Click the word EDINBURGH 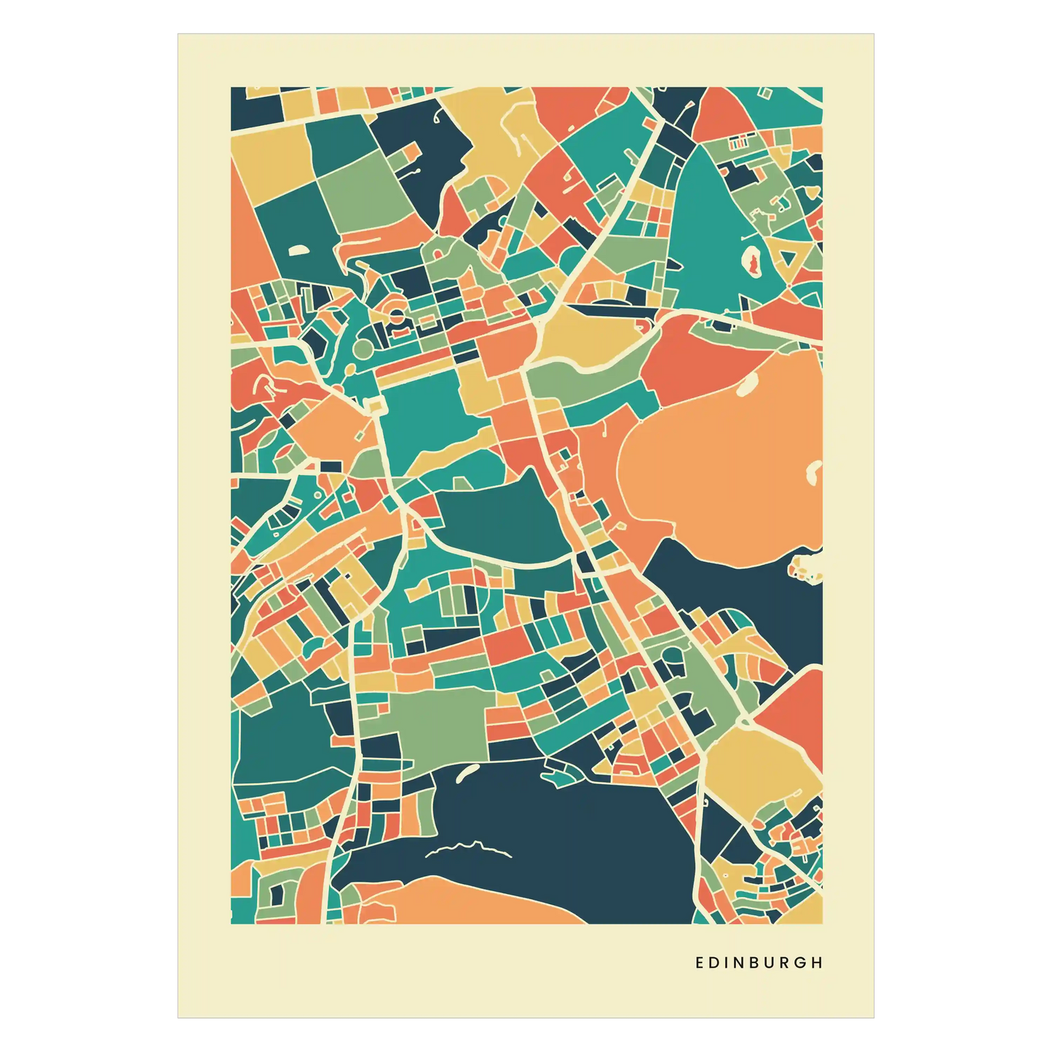(x=759, y=962)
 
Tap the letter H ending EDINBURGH (x=818, y=962)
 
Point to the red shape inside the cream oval (x=753, y=258)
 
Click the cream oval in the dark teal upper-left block (x=298, y=250)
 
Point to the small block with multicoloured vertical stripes (x=738, y=143)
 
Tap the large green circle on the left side (x=362, y=350)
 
